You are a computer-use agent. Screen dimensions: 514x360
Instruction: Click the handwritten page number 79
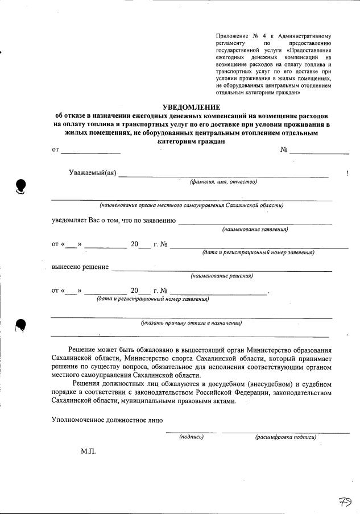pos(345,501)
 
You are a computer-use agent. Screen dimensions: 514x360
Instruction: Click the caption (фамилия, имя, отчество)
pos(224,182)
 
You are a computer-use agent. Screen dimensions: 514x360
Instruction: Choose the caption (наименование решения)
pos(222,276)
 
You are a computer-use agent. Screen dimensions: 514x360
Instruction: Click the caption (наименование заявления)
pos(255,229)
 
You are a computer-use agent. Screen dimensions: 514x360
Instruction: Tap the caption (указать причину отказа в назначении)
pos(192,323)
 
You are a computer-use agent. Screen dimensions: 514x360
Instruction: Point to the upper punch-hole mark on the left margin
pos(21,185)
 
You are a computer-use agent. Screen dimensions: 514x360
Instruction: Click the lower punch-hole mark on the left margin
pos(21,324)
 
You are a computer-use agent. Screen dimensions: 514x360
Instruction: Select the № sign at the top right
pos(284,150)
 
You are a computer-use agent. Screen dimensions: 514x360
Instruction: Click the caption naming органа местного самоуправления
pos(192,205)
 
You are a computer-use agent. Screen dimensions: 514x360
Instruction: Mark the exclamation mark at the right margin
pos(347,173)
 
